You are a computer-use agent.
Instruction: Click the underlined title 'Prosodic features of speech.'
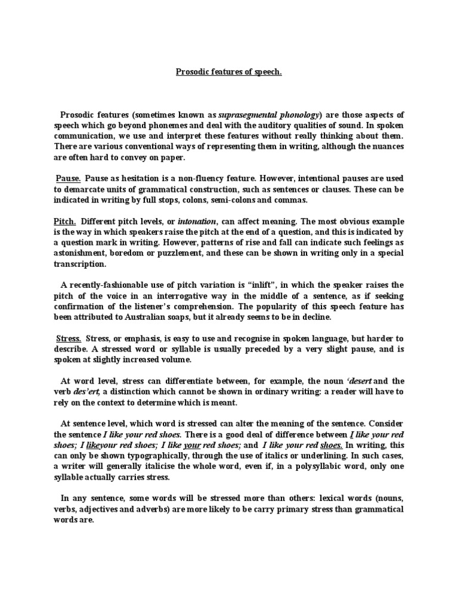pyautogui.click(x=229, y=72)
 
